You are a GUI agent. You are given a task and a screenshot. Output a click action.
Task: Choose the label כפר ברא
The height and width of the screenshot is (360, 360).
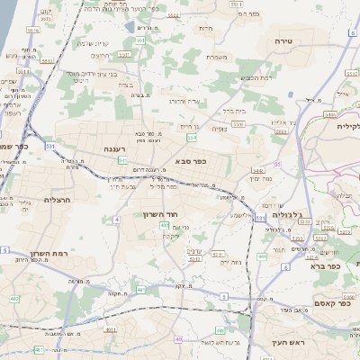click(322, 265)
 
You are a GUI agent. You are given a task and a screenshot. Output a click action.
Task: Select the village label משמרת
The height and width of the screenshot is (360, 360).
click(215, 58)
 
